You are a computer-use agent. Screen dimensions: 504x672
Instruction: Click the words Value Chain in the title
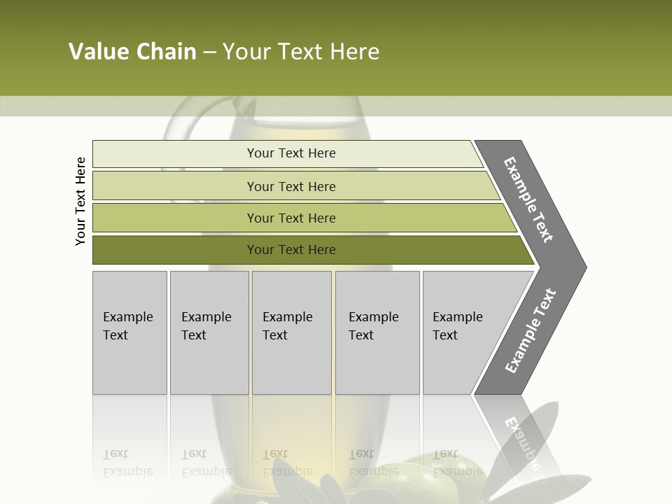point(132,52)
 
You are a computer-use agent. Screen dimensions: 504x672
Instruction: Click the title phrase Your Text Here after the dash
point(301,52)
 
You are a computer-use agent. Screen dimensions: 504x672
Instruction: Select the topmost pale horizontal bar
point(175,154)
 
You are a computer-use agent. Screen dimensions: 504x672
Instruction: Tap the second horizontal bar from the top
point(175,186)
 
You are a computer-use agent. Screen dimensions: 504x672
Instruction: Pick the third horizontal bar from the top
point(175,218)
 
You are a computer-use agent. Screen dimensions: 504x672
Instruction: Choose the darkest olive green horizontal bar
point(175,250)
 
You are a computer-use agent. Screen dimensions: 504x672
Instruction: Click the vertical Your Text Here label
point(81,201)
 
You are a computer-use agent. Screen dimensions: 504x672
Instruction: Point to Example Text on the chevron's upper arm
point(528,199)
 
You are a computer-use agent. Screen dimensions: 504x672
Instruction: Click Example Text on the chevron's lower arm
point(530,331)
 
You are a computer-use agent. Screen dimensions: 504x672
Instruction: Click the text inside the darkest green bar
point(291,250)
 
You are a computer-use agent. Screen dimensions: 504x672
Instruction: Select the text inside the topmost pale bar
point(291,153)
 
